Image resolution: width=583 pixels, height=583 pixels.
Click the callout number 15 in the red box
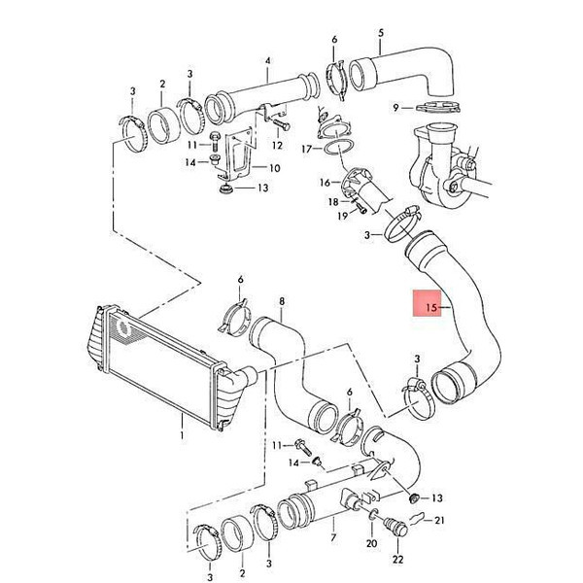[431, 307]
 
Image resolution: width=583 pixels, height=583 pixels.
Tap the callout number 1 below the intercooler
[182, 434]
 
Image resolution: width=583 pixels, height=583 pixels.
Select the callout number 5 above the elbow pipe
[380, 33]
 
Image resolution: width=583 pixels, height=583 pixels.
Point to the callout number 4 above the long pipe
[268, 61]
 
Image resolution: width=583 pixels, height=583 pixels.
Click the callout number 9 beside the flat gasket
[395, 108]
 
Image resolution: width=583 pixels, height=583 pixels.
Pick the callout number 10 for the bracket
[274, 168]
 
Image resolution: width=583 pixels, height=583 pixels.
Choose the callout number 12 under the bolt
[277, 145]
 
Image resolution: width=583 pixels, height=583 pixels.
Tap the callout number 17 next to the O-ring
[306, 149]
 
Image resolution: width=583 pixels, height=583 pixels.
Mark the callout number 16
[325, 183]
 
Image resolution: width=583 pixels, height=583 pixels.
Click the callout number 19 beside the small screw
[342, 216]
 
